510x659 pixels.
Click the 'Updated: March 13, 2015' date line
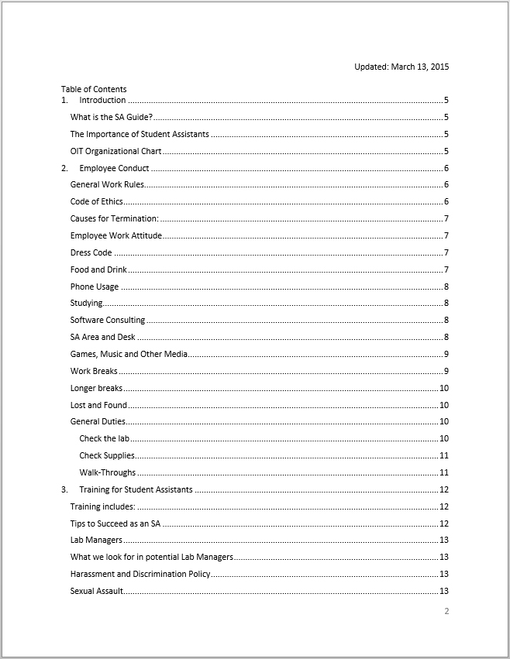[x=401, y=67]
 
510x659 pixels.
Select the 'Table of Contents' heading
[x=94, y=89]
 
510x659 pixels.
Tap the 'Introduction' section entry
[x=102, y=101]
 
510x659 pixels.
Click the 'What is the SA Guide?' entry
[x=111, y=118]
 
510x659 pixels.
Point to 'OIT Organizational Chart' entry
[x=115, y=151]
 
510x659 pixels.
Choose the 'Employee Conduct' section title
[x=114, y=168]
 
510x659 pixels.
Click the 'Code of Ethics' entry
[x=96, y=202]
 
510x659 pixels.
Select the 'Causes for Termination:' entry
[x=114, y=219]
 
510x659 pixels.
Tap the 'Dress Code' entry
[x=91, y=252]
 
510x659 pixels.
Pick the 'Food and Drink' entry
[x=98, y=269]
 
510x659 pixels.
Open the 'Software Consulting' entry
[x=107, y=321]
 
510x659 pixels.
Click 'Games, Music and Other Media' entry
[x=129, y=354]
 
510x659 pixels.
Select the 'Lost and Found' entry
[x=98, y=405]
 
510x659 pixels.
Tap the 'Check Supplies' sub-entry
[x=107, y=455]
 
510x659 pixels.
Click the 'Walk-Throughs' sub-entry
[x=107, y=472]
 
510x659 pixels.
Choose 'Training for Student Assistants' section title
[x=136, y=489]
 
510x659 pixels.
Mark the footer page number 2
[x=446, y=611]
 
